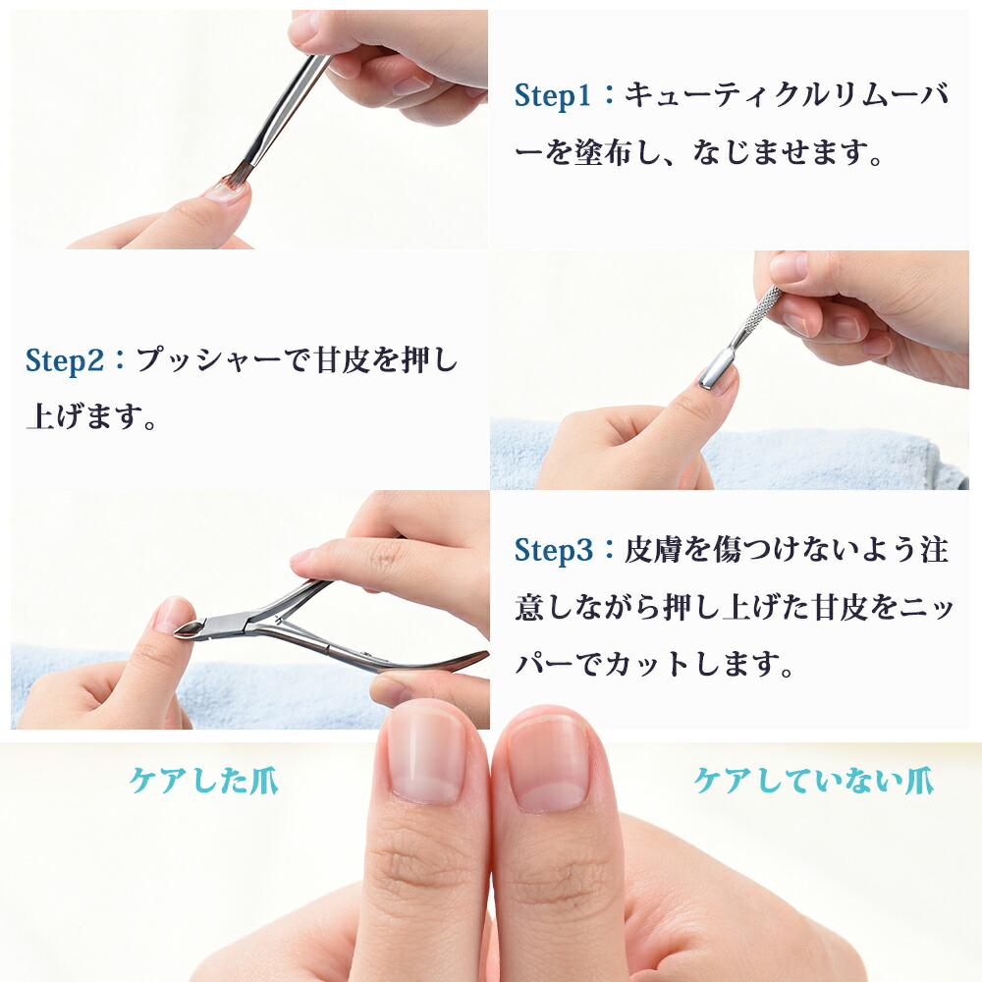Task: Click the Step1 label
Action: tap(552, 96)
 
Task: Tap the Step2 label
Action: tap(65, 361)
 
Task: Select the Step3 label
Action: tap(553, 551)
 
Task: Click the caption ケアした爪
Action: tap(203, 781)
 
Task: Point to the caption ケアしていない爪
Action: tap(813, 781)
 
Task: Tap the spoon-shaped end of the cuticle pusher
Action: tap(717, 369)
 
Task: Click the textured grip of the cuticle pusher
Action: tap(760, 310)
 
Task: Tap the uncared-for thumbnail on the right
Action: tap(548, 762)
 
